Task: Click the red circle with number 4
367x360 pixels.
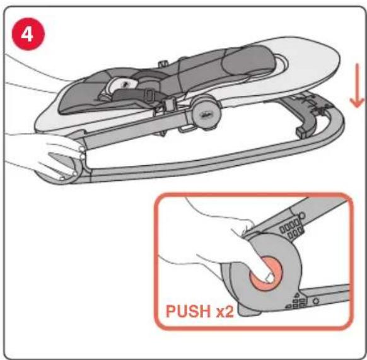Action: tap(28, 34)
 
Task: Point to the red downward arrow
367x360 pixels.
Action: tap(357, 86)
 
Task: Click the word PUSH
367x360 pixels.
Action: tap(189, 311)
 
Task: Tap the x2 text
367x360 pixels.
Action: tap(225, 312)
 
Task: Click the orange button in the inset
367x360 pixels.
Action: tap(267, 274)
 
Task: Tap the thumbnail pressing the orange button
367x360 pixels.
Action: tap(269, 278)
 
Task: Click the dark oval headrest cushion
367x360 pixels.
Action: tap(248, 61)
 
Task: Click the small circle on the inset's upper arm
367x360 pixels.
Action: tap(302, 216)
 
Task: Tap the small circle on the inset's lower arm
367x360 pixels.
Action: tap(316, 301)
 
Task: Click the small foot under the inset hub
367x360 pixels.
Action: tap(248, 311)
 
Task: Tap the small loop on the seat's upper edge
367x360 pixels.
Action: tap(163, 63)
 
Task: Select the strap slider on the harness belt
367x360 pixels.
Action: tap(149, 95)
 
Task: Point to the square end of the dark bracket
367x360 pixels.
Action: tap(301, 132)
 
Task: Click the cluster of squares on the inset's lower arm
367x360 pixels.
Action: tap(297, 301)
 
